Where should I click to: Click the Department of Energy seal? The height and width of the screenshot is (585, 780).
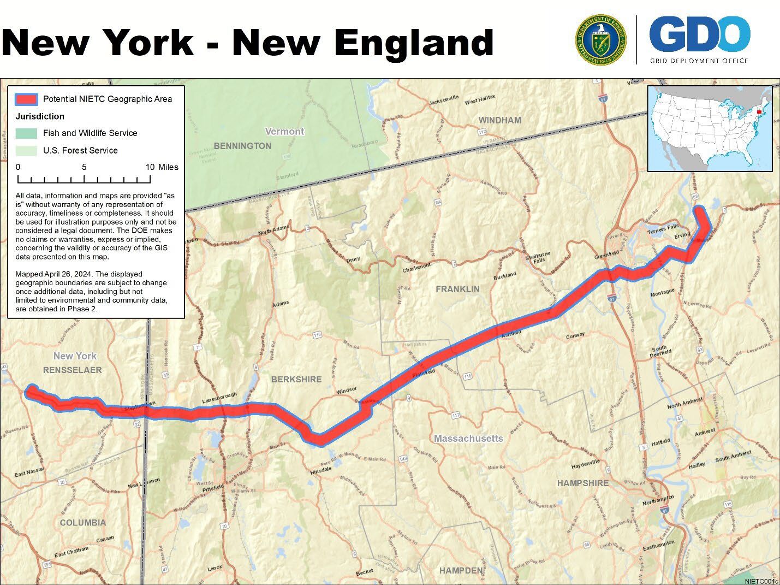pyautogui.click(x=600, y=40)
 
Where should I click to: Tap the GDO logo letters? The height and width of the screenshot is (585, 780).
pyautogui.click(x=699, y=34)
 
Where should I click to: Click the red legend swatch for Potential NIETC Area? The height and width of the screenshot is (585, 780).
pyautogui.click(x=26, y=99)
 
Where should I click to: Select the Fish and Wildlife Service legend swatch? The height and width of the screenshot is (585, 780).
pyautogui.click(x=26, y=133)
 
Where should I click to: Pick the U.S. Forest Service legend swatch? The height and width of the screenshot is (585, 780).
pyautogui.click(x=26, y=150)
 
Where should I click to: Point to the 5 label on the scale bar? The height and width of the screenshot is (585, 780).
pyautogui.click(x=84, y=167)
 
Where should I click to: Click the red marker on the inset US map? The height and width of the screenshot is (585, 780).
pyautogui.click(x=759, y=113)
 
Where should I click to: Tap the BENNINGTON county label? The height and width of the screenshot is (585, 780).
pyautogui.click(x=242, y=146)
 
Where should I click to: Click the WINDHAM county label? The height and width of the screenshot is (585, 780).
pyautogui.click(x=499, y=120)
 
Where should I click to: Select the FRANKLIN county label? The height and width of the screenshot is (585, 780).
pyautogui.click(x=457, y=289)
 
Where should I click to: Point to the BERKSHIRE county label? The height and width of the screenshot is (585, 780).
pyautogui.click(x=296, y=379)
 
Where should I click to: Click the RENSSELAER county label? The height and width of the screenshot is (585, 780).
pyautogui.click(x=73, y=370)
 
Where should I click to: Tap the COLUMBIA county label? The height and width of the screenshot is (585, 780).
pyautogui.click(x=83, y=523)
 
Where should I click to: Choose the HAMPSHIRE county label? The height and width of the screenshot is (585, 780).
pyautogui.click(x=582, y=483)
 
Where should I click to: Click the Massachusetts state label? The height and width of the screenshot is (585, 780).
pyautogui.click(x=468, y=439)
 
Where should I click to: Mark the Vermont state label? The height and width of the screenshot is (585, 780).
pyautogui.click(x=284, y=132)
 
